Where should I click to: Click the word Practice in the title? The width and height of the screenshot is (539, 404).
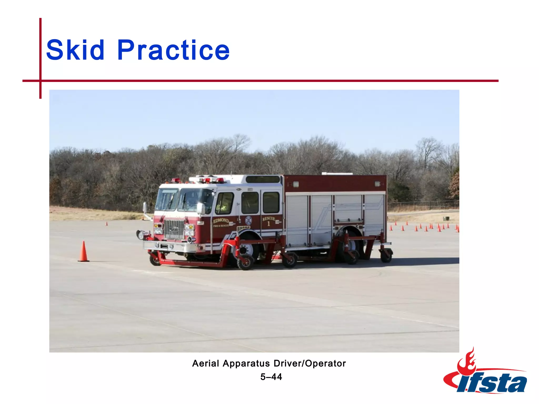(173, 50)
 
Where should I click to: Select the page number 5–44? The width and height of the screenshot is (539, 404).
(271, 377)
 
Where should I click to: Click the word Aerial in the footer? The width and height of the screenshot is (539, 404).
(205, 363)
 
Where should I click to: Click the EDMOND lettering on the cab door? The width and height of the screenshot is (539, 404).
(221, 220)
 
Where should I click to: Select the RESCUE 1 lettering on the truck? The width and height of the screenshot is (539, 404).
(269, 221)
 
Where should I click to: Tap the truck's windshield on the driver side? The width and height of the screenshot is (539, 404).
(195, 200)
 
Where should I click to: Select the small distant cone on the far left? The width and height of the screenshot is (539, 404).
(107, 224)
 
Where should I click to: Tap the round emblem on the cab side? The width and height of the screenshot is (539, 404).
(248, 220)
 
